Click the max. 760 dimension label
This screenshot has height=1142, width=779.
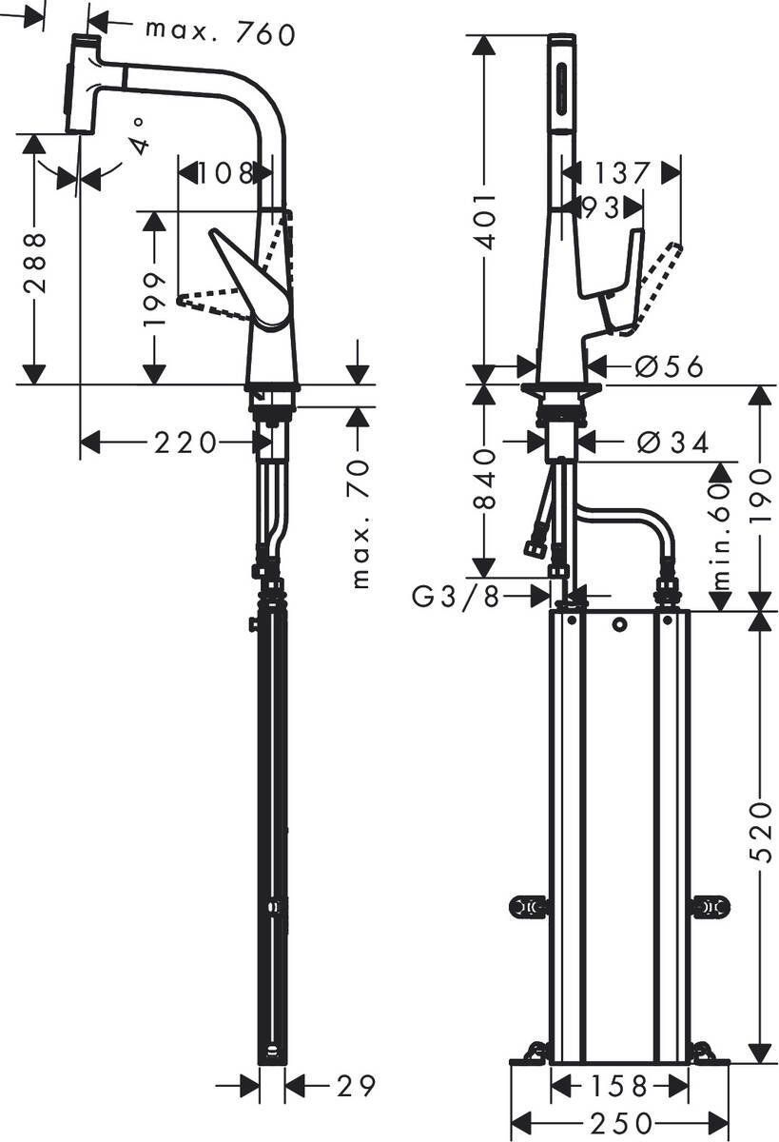click(x=220, y=31)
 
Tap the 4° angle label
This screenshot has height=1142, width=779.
click(x=139, y=134)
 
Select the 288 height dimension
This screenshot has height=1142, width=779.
click(x=34, y=261)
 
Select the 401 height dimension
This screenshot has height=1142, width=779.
click(x=485, y=220)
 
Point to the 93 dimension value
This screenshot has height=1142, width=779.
click(x=600, y=207)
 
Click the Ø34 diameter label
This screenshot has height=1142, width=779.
click(x=672, y=442)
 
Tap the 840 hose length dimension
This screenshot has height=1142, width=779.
click(x=485, y=480)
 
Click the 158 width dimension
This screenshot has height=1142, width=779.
click(x=618, y=1086)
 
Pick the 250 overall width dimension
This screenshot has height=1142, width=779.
click(x=619, y=1123)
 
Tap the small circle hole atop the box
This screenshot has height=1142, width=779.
click(x=619, y=624)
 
